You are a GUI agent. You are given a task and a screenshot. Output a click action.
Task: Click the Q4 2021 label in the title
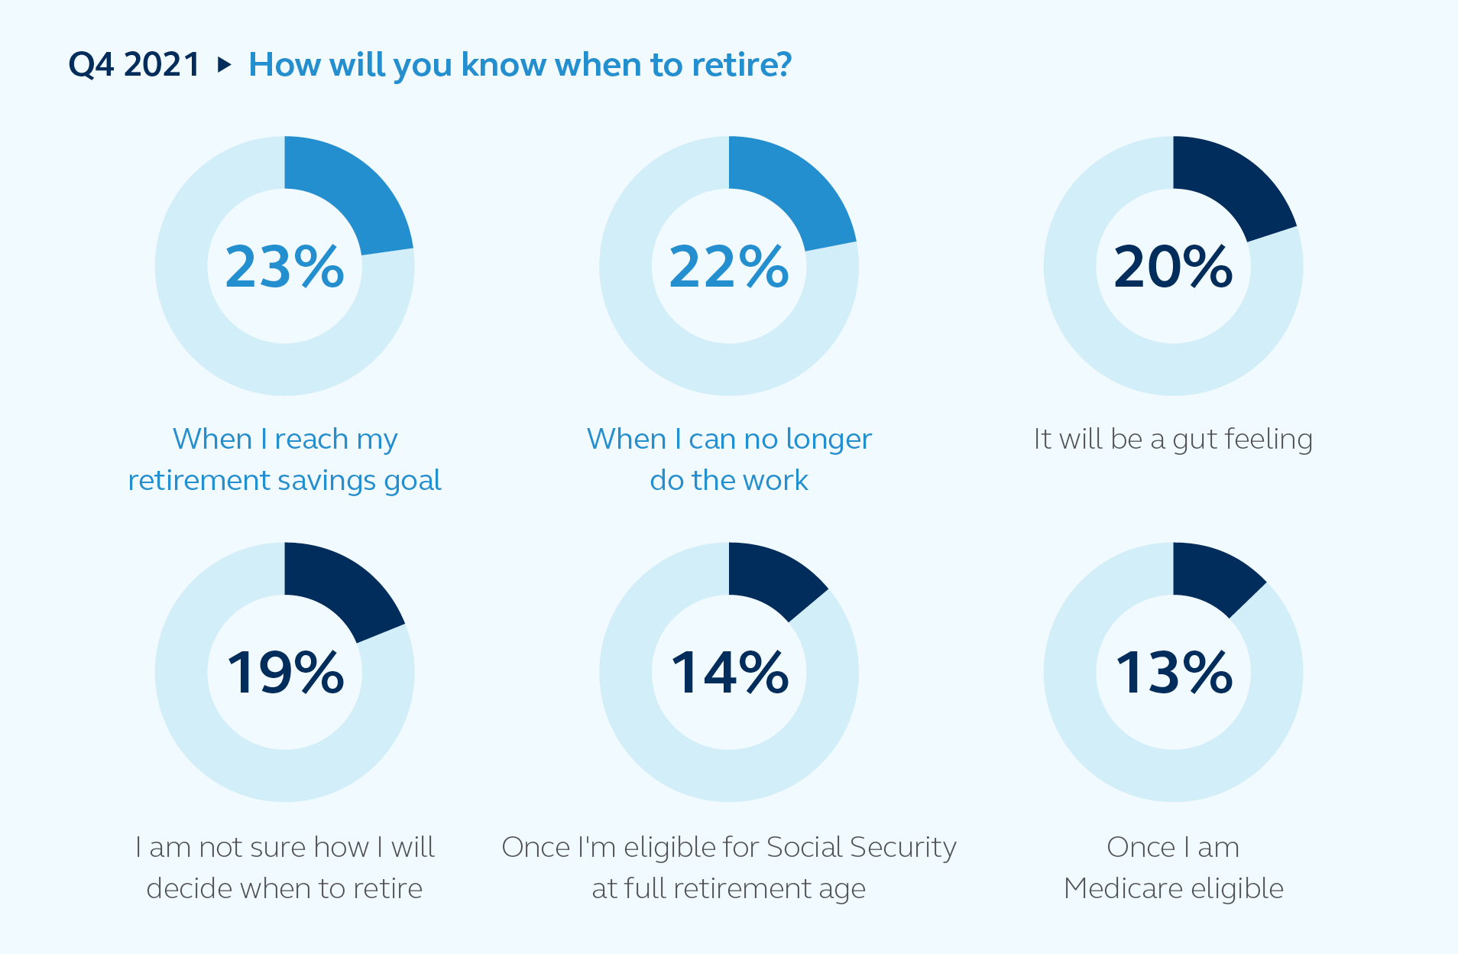point(134,65)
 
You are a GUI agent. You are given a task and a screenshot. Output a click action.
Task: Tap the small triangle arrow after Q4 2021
point(224,64)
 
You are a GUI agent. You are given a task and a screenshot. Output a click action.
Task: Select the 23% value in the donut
point(284,267)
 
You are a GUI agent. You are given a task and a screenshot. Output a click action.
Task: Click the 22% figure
point(729,267)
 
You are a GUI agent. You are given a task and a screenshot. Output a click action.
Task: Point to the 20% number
point(1173,267)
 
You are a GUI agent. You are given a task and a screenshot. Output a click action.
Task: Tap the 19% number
point(284,673)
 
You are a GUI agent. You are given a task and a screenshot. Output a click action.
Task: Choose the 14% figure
point(729,673)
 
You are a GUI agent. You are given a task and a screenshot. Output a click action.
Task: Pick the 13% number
point(1173,673)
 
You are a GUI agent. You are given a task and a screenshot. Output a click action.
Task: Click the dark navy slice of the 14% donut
point(772,578)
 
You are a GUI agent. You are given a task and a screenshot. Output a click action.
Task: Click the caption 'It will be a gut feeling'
point(1173,440)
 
